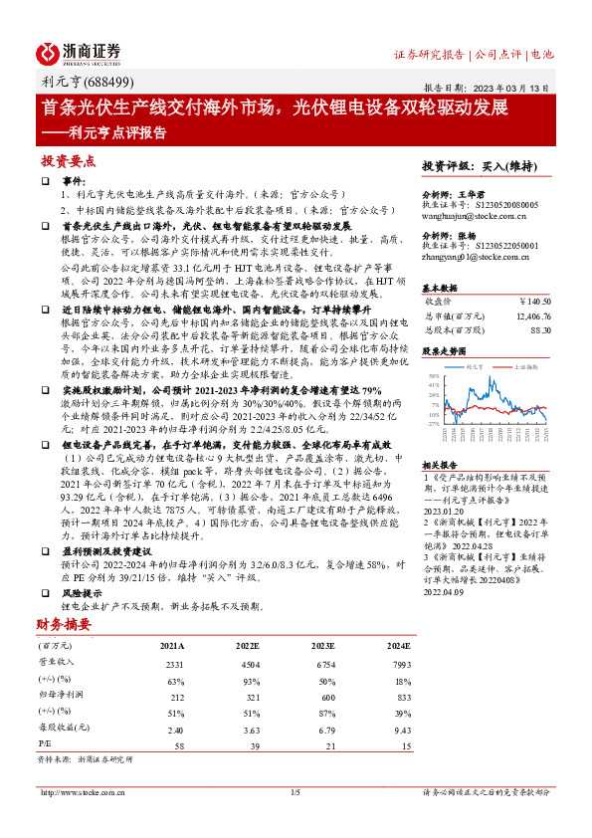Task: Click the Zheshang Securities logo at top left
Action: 79,54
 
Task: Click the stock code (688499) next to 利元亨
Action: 105,82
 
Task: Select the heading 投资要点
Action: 68,160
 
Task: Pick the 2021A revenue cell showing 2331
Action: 174,663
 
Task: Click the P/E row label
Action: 45,744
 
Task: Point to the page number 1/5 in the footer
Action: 295,791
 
